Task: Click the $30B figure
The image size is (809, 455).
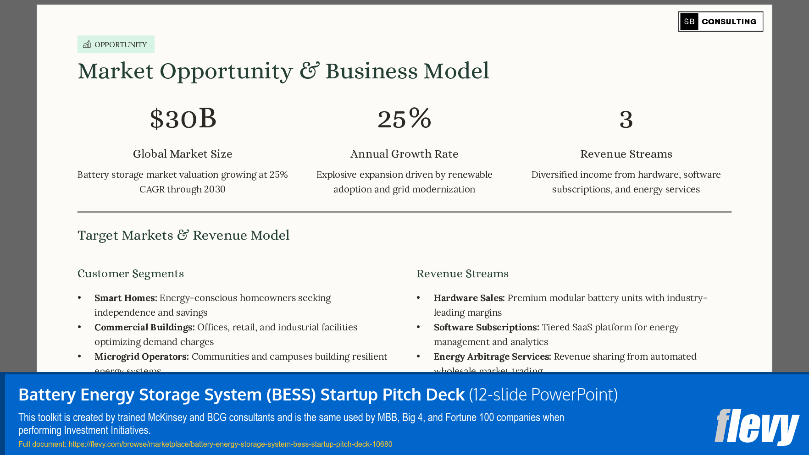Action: click(x=183, y=119)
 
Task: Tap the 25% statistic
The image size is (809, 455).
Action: click(x=404, y=119)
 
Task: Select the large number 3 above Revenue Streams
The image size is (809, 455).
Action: click(x=626, y=120)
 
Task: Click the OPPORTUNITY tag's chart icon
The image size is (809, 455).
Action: click(x=87, y=44)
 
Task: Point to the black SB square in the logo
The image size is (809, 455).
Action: click(x=689, y=22)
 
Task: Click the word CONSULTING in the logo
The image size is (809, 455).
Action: click(x=729, y=22)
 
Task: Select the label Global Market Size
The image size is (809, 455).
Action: click(x=183, y=154)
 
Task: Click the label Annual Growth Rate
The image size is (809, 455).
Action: click(x=404, y=154)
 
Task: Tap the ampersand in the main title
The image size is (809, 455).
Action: click(x=310, y=71)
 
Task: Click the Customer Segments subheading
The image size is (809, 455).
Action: click(x=131, y=274)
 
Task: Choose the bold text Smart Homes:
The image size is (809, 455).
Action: click(x=126, y=298)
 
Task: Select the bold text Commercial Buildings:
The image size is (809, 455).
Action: click(x=144, y=327)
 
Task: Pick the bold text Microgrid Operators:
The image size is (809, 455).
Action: click(x=141, y=356)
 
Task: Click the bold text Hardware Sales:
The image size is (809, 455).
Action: click(x=469, y=298)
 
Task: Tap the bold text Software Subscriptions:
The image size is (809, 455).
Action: click(x=486, y=327)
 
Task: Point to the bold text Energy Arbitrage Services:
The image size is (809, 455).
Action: click(x=492, y=356)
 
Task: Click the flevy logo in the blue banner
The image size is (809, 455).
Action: click(x=757, y=427)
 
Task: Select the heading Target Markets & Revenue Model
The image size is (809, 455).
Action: click(x=183, y=235)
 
